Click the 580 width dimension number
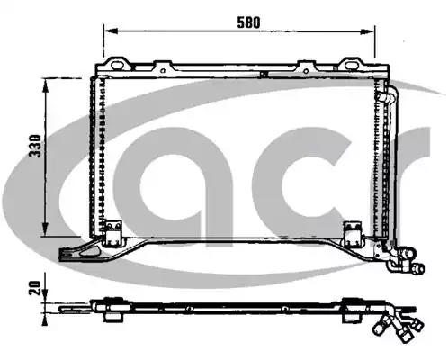click(x=248, y=22)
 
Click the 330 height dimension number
click(x=35, y=146)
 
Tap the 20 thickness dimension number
click(x=34, y=288)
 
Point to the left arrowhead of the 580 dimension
click(x=111, y=31)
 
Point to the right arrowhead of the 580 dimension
click(x=367, y=31)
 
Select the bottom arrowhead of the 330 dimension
click(x=45, y=229)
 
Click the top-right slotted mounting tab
click(x=350, y=64)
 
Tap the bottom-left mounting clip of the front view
click(x=112, y=232)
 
